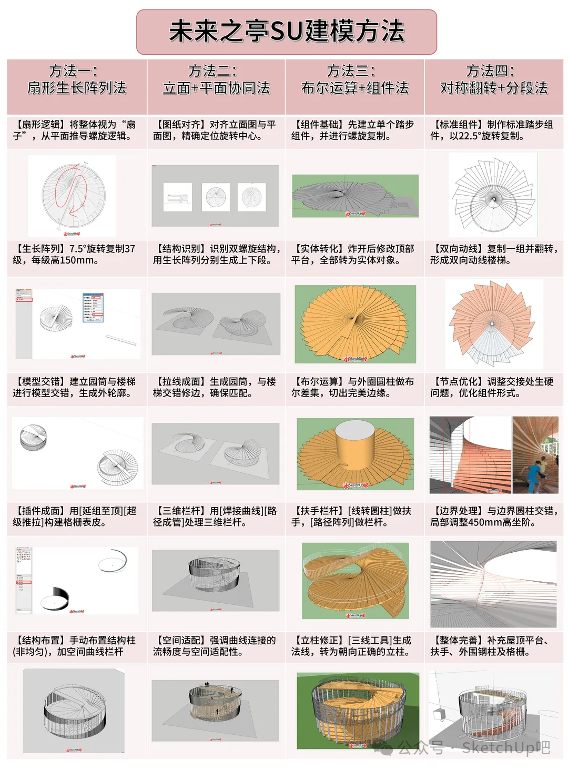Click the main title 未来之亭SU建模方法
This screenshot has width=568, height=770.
pyautogui.click(x=287, y=32)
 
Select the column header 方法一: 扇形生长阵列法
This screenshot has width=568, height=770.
pyautogui.click(x=77, y=79)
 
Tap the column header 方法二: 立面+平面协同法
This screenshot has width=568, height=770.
pyautogui.click(x=216, y=79)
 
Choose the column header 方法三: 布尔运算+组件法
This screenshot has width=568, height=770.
pyautogui.click(x=354, y=79)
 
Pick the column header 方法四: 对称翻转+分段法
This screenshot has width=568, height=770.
pyautogui.click(x=494, y=79)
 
